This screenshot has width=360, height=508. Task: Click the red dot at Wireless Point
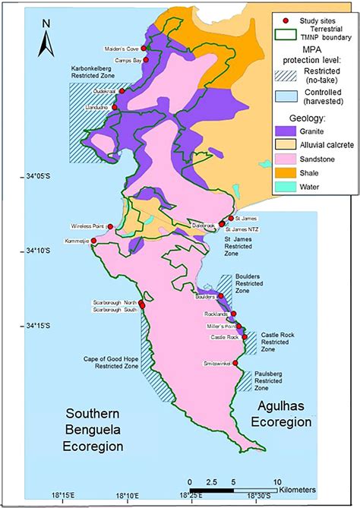coord(111,226)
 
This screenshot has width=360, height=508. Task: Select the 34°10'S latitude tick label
coord(35,251)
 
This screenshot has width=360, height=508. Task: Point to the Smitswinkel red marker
coord(235,363)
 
